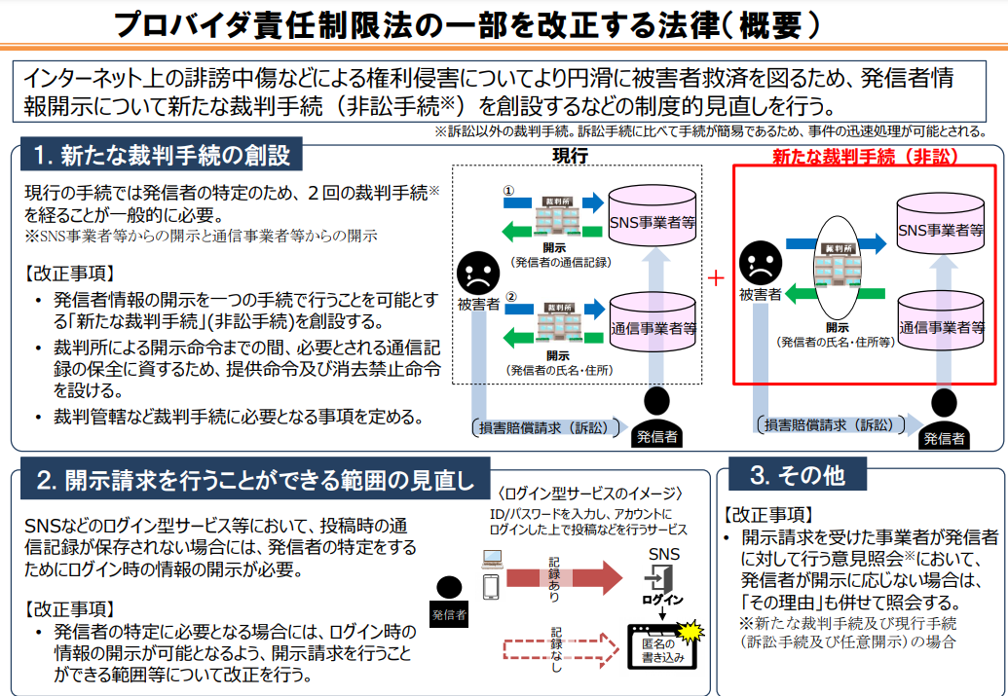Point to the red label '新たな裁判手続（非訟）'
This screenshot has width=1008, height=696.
865,156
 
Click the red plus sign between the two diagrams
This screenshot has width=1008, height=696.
717,277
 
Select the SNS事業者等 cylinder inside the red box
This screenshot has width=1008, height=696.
940,227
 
